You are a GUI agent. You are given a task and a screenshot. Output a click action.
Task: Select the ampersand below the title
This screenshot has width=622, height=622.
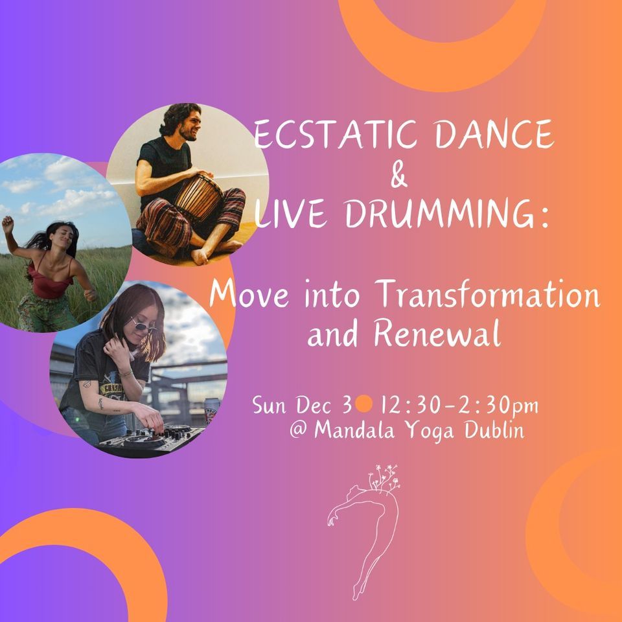[400, 175]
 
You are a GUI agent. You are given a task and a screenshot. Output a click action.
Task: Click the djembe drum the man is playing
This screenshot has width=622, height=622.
[194, 194]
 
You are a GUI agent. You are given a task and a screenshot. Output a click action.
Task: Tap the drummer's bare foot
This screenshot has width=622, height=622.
[200, 257]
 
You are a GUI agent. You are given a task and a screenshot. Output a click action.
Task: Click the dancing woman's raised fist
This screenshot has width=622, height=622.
[8, 223]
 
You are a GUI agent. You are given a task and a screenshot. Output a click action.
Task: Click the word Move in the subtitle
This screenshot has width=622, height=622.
[247, 297]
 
